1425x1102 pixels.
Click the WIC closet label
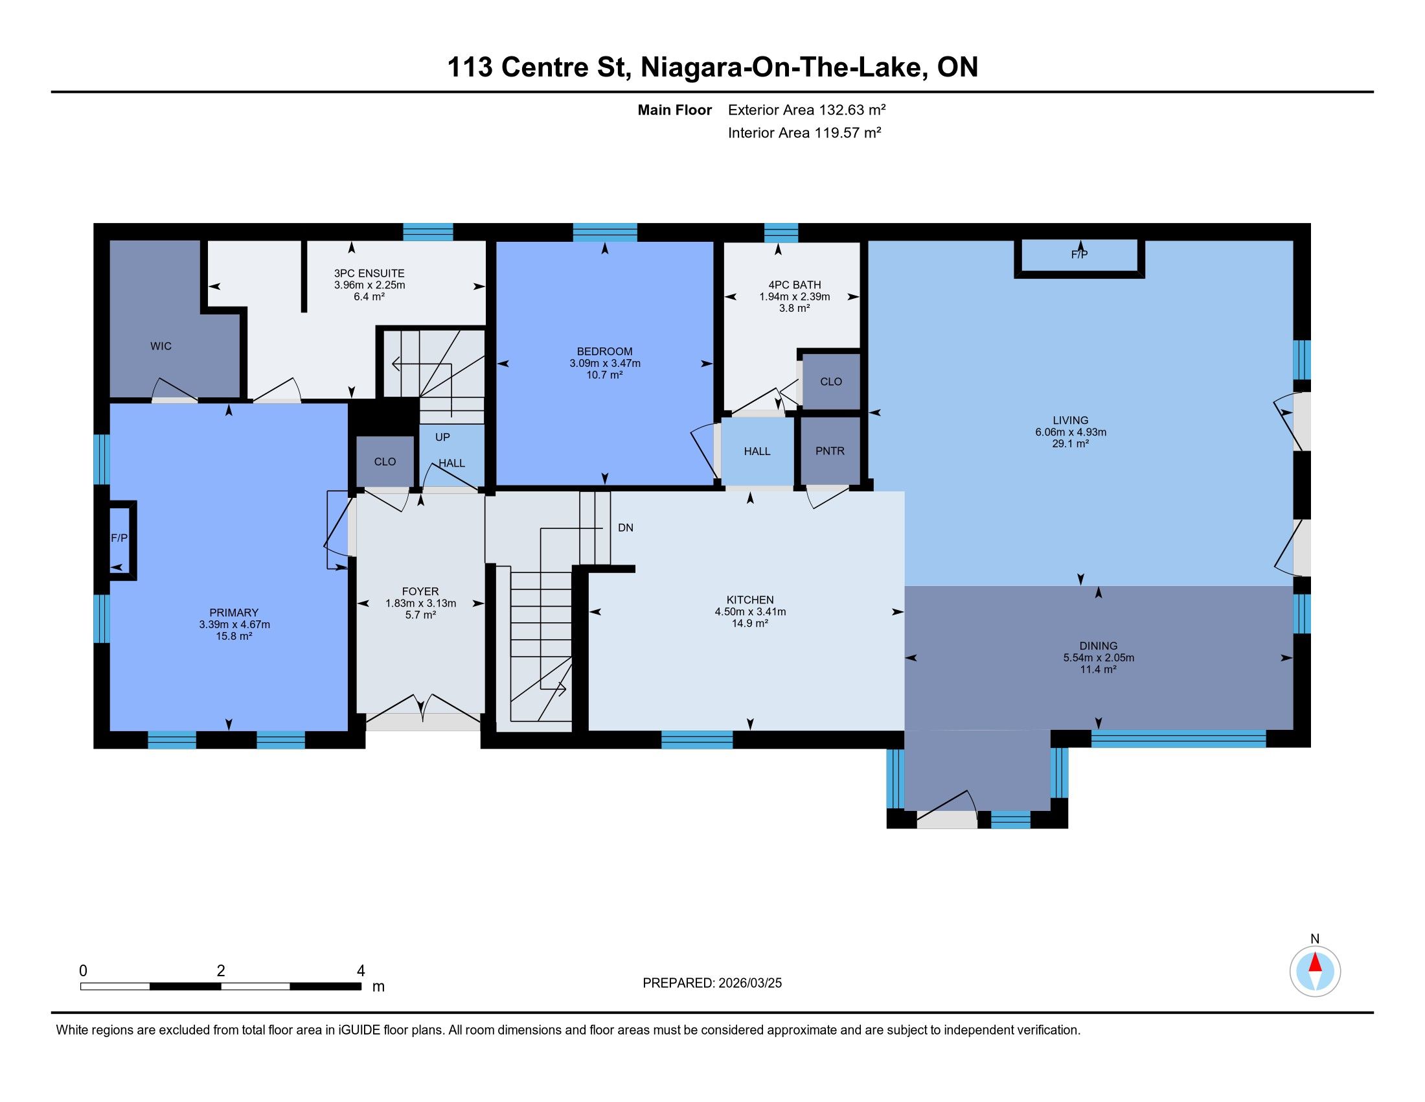coord(161,346)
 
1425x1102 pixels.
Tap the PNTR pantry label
coord(829,451)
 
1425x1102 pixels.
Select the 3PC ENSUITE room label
coord(369,274)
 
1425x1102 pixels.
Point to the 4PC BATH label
coord(794,285)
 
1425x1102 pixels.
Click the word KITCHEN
coord(749,600)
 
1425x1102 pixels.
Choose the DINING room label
coord(1098,646)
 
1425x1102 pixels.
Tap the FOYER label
coord(420,591)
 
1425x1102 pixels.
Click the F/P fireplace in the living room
coord(1079,255)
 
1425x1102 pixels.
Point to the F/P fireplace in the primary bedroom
coord(119,538)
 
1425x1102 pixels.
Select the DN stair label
coord(625,528)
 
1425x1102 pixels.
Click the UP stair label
coord(442,437)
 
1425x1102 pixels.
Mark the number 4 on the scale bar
coord(361,971)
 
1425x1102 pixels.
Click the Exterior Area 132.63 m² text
coord(806,110)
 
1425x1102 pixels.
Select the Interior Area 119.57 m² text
coord(804,132)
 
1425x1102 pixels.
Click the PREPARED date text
coord(712,983)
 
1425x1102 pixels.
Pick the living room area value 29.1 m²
coord(1070,444)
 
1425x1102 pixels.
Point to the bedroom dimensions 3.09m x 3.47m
coord(605,363)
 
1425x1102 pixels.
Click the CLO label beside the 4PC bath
coord(830,381)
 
